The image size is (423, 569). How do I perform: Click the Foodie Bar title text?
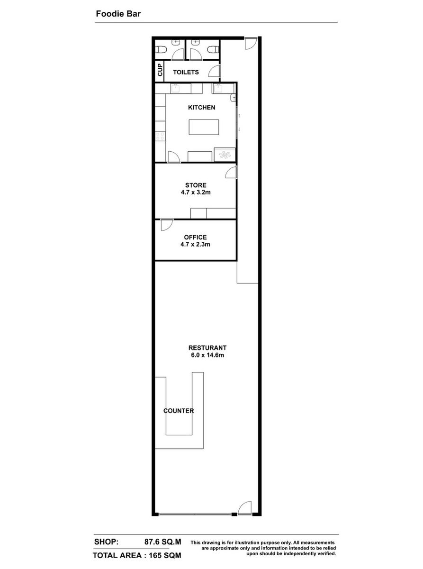118,14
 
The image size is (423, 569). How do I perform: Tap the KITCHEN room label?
201,108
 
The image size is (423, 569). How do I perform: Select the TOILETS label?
186,72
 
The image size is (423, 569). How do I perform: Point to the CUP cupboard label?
160,70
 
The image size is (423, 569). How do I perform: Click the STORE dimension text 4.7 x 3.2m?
196,192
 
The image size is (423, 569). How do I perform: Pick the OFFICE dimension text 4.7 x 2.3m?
195,244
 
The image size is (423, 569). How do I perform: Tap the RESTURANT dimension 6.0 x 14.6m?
207,355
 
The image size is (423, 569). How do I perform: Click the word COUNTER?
179,411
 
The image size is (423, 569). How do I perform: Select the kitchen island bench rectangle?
204,127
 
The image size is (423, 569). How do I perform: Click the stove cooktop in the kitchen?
160,136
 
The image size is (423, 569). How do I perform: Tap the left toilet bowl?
162,49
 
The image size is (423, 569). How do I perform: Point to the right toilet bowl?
213,49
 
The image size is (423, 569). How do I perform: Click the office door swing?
167,225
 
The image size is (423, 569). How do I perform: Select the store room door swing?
231,172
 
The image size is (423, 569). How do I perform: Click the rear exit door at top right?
251,43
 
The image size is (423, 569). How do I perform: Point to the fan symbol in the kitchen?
225,155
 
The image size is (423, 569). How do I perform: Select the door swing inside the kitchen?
174,157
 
